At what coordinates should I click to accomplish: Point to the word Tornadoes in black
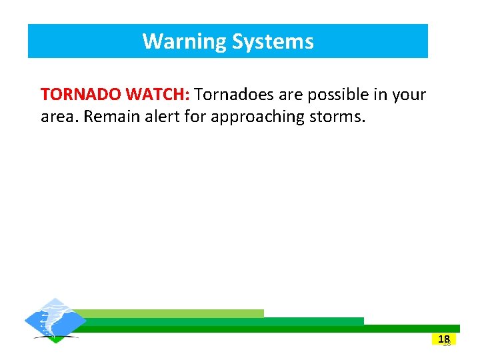[235, 95]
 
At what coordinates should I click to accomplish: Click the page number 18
[445, 339]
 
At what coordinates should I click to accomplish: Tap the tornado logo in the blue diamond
[55, 319]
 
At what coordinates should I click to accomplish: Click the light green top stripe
[167, 313]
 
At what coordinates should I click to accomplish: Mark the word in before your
[381, 95]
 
